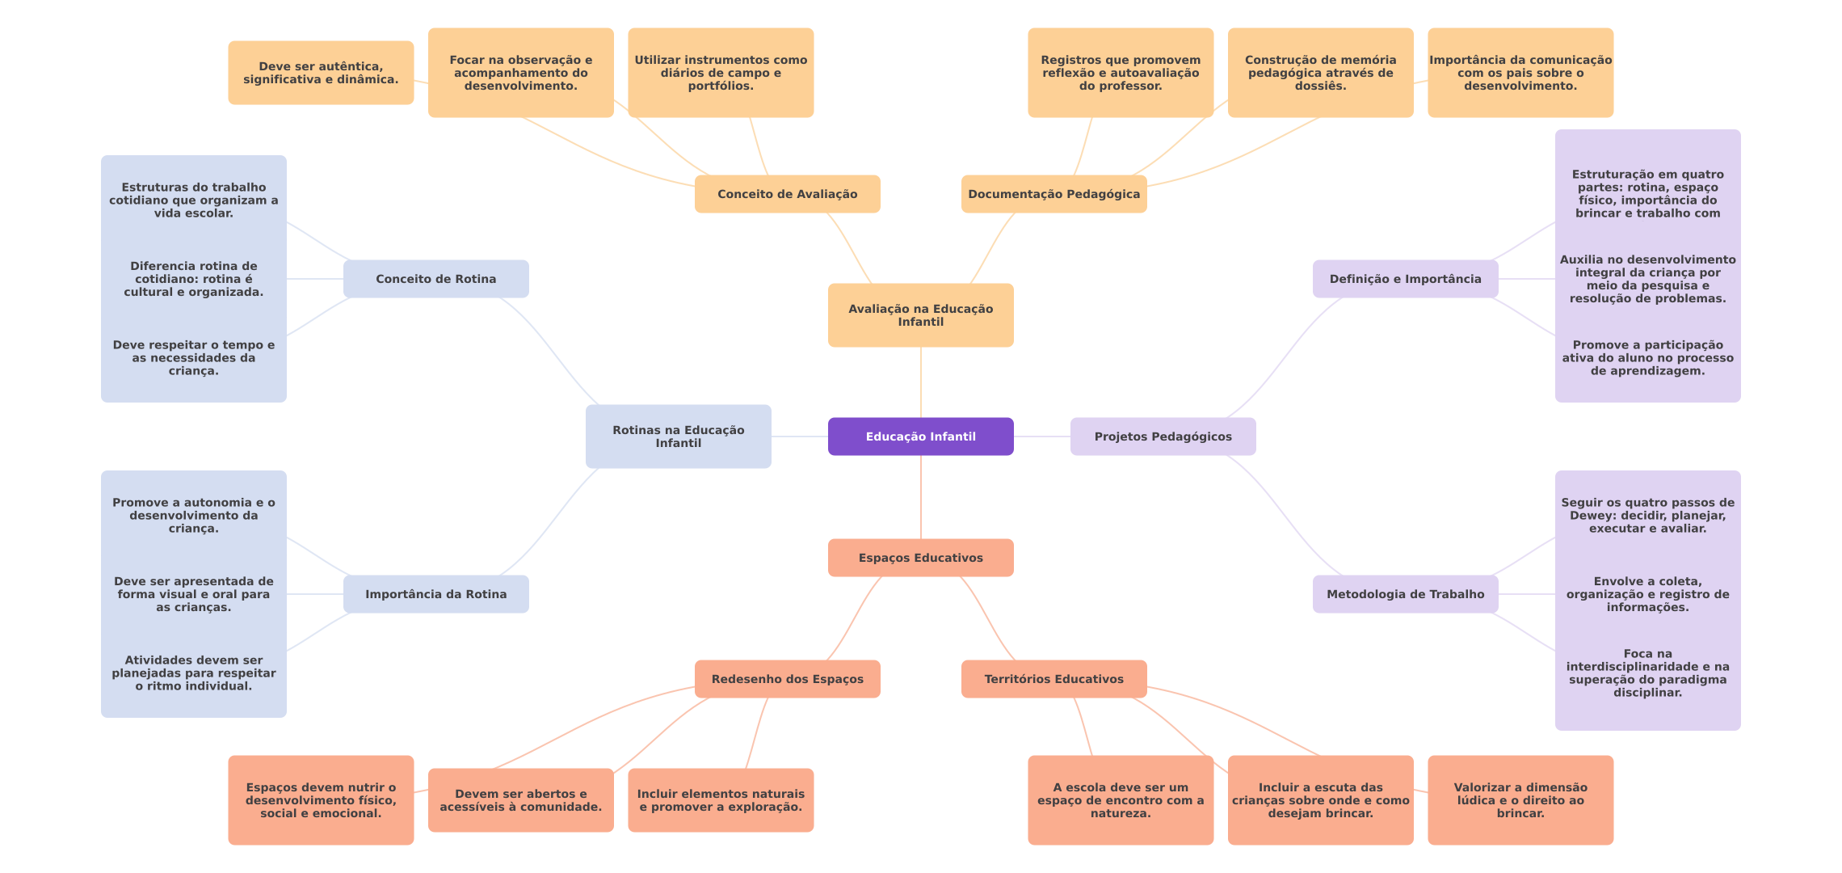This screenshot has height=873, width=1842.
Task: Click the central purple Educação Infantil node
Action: click(920, 436)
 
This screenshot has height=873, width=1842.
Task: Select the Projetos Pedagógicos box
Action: click(1163, 436)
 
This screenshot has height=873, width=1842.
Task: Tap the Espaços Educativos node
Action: click(920, 558)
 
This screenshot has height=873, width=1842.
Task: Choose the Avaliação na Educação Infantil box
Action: click(920, 315)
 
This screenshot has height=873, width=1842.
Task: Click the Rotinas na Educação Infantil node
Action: click(678, 436)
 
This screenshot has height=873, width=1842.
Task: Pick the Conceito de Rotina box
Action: click(435, 279)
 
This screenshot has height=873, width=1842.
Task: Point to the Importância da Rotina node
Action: click(435, 594)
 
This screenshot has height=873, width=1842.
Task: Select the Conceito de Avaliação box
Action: click(787, 194)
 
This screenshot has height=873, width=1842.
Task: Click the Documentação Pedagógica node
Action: click(1053, 194)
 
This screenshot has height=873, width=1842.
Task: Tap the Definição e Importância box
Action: click(1405, 279)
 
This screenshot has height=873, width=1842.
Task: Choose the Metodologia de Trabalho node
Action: click(1405, 594)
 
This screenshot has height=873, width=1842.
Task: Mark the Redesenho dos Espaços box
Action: click(787, 679)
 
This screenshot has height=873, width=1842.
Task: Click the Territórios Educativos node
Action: click(1053, 679)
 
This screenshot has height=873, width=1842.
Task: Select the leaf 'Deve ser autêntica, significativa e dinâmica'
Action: click(321, 73)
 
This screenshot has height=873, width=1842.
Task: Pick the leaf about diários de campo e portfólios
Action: click(721, 73)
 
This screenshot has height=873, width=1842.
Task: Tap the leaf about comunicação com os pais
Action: click(1520, 73)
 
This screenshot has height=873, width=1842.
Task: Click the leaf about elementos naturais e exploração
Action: click(721, 800)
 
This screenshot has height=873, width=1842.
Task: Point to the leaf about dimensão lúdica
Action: click(1520, 800)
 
